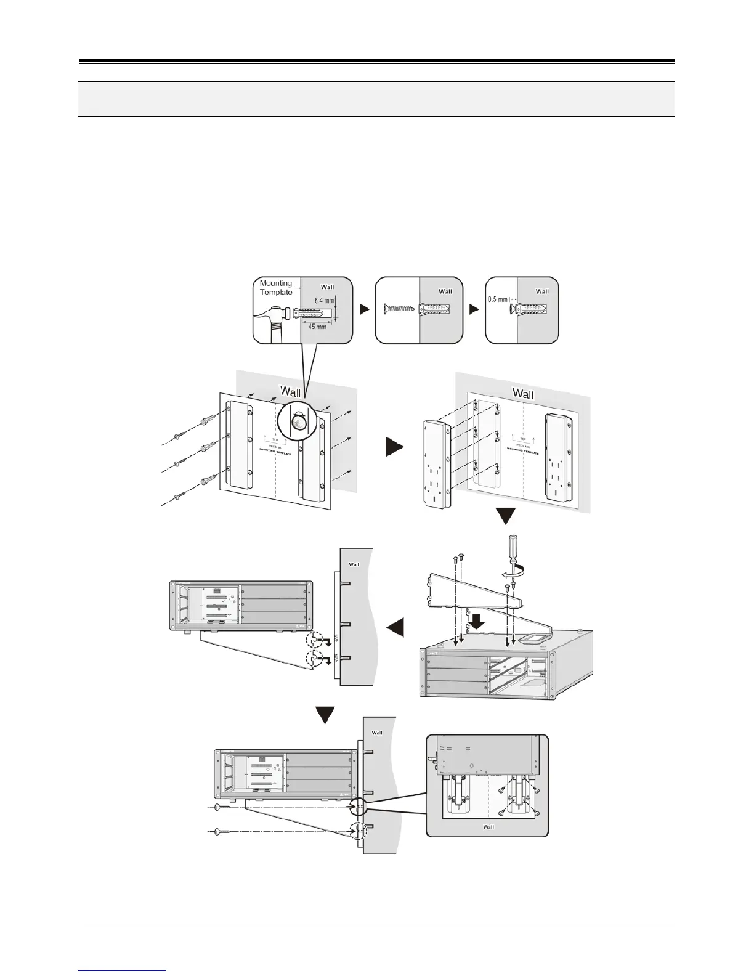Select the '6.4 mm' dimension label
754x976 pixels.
click(324, 300)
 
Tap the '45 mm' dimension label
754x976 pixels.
click(317, 326)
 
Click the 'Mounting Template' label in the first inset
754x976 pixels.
click(275, 287)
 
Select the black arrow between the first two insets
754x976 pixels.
click(365, 310)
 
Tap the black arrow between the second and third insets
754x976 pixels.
click(474, 310)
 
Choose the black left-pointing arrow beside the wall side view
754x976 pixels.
click(395, 627)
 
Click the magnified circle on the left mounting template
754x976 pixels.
click(298, 421)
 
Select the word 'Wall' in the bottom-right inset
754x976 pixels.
click(488, 826)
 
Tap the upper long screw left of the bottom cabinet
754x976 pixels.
click(224, 807)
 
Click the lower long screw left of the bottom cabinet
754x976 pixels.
click(224, 833)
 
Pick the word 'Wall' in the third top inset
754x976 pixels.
click(542, 291)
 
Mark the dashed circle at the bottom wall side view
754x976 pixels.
click(357, 831)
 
